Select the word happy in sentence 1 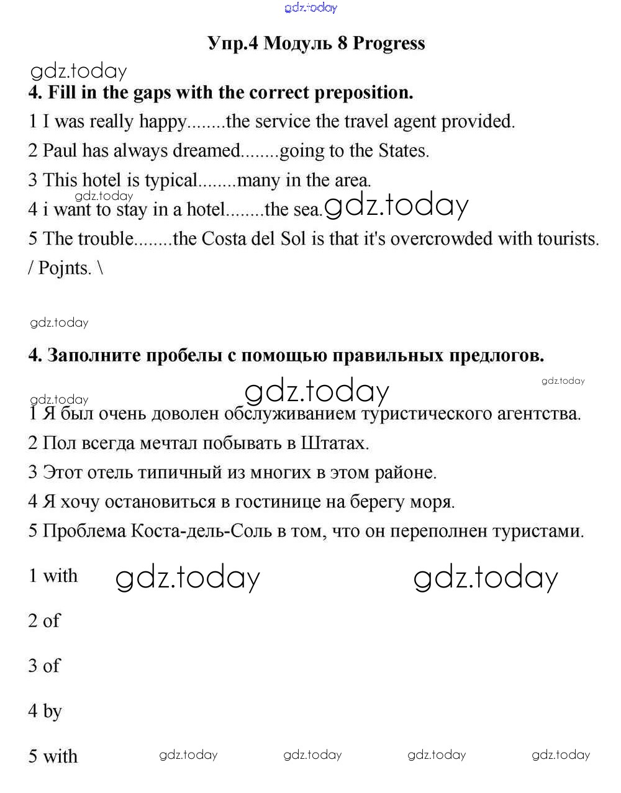click(x=162, y=121)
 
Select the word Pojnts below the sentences click(x=65, y=268)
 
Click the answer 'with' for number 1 click(x=60, y=576)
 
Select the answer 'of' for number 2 click(x=52, y=620)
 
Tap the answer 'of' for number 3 click(x=52, y=666)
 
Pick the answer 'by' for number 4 click(x=52, y=711)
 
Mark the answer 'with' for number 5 click(x=60, y=756)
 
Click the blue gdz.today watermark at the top click(x=311, y=7)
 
